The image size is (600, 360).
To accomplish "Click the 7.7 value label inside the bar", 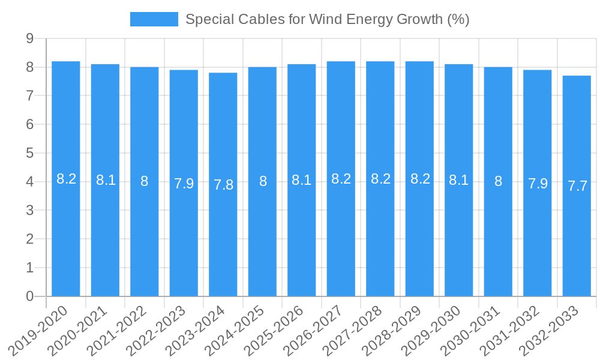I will click(x=577, y=186).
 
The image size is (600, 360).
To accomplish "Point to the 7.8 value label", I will click(x=223, y=185).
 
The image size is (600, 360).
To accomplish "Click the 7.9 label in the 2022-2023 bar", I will click(x=184, y=184).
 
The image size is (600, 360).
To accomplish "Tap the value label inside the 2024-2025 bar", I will click(x=263, y=181).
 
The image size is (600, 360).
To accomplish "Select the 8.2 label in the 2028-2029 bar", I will click(x=420, y=179).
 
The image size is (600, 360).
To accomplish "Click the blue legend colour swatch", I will click(x=154, y=19).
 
